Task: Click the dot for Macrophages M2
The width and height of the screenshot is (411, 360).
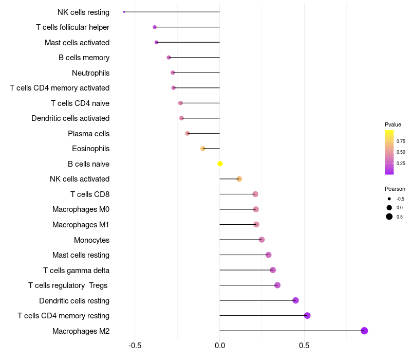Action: point(364,331)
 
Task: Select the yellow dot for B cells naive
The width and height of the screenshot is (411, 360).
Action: point(220,164)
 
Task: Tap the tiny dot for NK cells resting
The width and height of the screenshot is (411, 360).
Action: point(124,12)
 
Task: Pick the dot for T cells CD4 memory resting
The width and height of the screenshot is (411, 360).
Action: point(307,316)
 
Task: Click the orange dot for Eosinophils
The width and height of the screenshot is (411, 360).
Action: point(203,149)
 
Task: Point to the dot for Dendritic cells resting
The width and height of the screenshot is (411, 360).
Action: point(295,300)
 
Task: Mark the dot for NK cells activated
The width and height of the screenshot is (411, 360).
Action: point(239,179)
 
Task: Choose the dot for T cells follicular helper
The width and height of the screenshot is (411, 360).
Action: point(155,27)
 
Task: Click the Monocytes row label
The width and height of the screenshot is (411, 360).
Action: point(91,240)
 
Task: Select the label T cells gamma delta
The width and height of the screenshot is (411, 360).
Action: point(76,270)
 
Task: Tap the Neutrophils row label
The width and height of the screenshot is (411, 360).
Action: point(90,73)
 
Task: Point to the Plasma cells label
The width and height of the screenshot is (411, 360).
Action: point(88,134)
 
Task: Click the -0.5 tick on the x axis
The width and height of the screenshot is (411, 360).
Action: point(135,346)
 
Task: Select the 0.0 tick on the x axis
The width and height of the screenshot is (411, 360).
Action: point(220,346)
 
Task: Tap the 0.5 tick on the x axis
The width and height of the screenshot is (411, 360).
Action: point(304,346)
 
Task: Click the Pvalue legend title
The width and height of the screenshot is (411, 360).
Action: point(393,124)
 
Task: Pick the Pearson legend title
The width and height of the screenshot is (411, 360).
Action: point(395,189)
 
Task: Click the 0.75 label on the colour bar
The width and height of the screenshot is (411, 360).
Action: point(401,141)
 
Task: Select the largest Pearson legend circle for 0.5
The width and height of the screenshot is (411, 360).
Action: point(389,217)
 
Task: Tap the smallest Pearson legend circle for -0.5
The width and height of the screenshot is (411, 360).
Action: point(389,199)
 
